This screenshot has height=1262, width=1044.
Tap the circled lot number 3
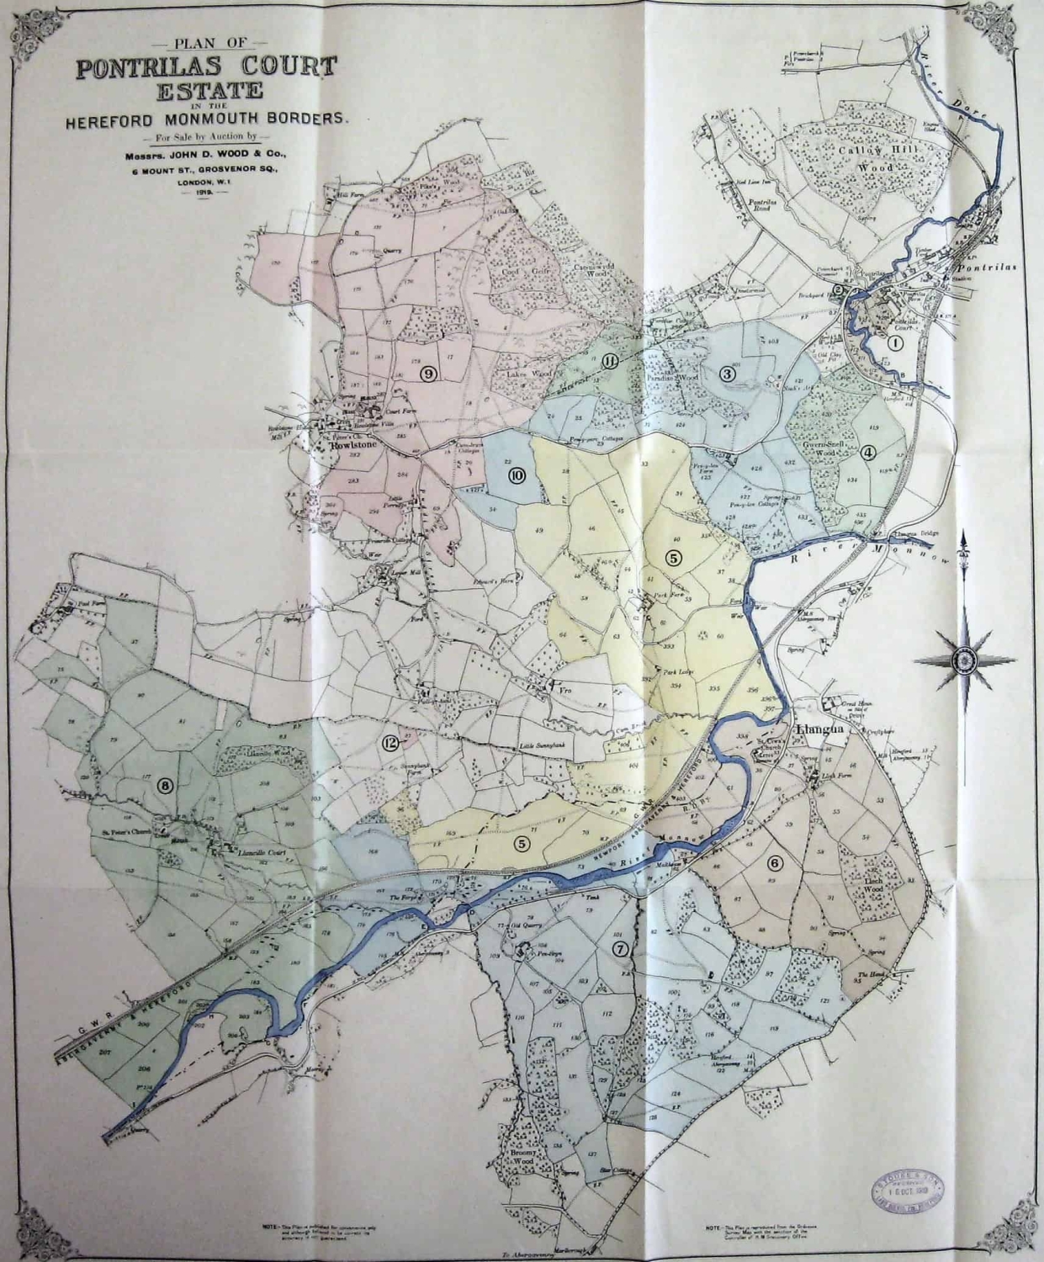coord(728,374)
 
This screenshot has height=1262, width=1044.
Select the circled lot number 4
coord(868,452)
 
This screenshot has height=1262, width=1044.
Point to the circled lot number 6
coord(774,863)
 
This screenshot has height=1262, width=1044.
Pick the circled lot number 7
coord(621,950)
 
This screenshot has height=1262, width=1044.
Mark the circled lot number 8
coord(165,786)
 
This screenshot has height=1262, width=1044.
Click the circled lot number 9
coord(428,374)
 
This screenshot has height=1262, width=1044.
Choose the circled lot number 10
coord(518,475)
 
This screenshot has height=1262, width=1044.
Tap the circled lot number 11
coord(611,363)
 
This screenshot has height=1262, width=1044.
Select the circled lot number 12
coord(389,742)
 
